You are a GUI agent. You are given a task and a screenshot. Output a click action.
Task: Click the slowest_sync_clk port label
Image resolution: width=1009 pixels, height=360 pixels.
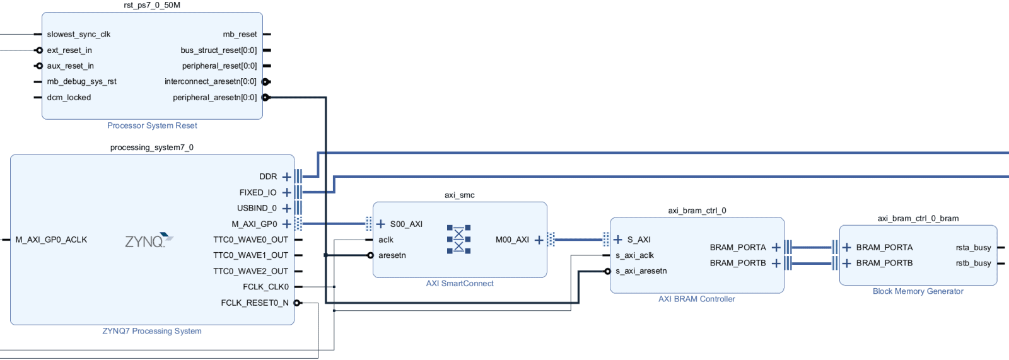coord(78,35)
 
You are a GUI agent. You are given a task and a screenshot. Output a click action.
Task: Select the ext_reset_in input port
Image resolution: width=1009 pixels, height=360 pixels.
coord(69,50)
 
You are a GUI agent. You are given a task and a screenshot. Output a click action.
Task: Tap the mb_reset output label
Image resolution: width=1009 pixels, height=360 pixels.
coord(240,35)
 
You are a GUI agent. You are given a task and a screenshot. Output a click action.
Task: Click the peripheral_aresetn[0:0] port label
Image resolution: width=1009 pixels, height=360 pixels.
coord(214,98)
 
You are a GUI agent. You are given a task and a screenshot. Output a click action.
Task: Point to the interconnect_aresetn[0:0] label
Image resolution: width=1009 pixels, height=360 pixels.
coord(210,82)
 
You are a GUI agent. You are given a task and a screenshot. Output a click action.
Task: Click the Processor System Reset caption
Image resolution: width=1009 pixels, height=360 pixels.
coord(152,126)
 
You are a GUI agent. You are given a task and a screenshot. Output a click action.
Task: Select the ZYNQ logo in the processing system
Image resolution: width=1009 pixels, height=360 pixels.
coord(149,241)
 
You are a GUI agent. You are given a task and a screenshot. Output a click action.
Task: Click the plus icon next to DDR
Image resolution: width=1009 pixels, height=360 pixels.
coord(286,177)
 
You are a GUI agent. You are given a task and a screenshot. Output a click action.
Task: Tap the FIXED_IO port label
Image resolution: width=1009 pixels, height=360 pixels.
coord(257,193)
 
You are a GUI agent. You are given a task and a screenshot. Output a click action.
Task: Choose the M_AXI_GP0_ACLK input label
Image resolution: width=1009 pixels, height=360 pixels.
coord(51,240)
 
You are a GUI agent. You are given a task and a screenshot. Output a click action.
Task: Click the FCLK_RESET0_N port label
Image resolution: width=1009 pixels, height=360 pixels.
coord(254,303)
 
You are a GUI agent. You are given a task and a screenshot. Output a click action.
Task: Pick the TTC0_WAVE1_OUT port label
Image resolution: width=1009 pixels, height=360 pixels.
coord(250,256)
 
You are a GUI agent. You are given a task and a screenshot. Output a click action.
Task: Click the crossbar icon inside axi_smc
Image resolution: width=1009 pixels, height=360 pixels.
coord(458,240)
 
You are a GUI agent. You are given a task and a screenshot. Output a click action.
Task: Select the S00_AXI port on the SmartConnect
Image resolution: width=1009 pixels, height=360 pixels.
coord(406,224)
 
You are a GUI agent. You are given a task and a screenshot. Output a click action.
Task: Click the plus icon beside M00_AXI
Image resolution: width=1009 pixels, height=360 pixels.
coord(539,240)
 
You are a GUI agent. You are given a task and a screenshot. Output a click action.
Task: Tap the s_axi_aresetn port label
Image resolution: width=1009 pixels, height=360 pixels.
coord(641,271)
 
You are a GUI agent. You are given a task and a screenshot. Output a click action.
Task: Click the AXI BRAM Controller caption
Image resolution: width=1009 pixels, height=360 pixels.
coord(696,299)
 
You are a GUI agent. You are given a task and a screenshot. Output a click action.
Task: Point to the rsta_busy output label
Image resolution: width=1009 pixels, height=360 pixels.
coord(973,248)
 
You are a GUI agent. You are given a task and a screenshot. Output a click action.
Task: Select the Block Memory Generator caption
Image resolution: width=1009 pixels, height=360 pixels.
coord(918,291)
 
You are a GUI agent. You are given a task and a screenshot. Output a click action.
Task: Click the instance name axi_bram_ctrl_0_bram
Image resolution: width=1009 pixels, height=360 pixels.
coord(918,219)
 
